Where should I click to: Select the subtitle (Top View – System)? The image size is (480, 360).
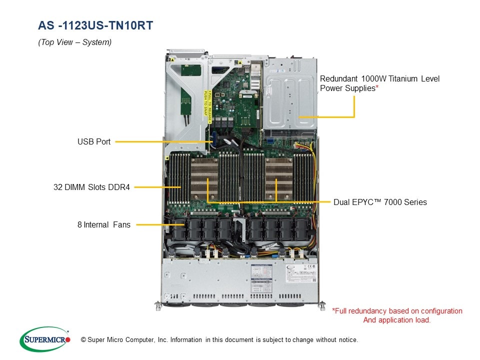tap(75, 42)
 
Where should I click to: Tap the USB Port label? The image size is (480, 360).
tap(94, 142)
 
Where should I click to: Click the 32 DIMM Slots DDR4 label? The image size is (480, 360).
tap(91, 187)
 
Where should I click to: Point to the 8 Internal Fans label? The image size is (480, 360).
tap(104, 225)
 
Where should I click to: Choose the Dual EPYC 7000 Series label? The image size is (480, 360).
tap(380, 202)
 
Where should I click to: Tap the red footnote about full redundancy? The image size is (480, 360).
tap(397, 315)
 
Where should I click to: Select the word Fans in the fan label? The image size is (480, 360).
tap(121, 225)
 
